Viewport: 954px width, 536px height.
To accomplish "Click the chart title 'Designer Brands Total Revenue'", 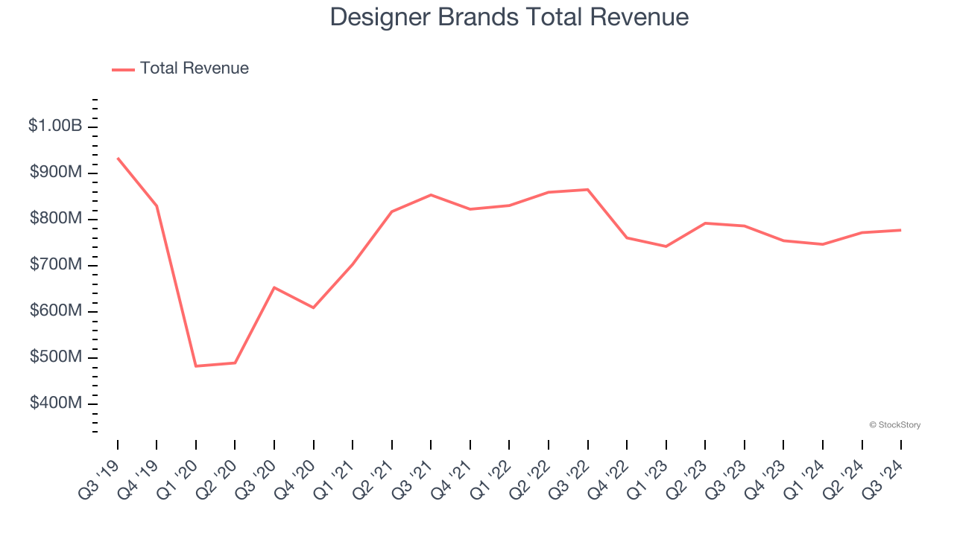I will coord(509,16).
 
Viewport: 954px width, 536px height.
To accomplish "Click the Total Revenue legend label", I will coord(194,68).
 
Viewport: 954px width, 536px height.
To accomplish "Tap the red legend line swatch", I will coord(123,69).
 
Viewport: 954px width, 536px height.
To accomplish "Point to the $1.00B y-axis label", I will coord(55,126).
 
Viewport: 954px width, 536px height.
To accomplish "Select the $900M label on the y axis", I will coord(56,172).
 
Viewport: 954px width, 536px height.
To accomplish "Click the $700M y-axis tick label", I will coord(56,264).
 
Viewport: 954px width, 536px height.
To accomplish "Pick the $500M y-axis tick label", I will coord(56,357).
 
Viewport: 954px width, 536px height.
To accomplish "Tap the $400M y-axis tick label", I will coord(56,403).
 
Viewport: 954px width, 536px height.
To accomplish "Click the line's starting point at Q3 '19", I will coord(118,159).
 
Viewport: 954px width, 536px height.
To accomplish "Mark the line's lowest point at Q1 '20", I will coord(196,366).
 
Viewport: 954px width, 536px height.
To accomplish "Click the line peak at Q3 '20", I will coord(274,287).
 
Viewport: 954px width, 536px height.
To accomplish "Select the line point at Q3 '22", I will coord(588,190).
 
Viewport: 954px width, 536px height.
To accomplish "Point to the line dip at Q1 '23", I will coord(666,246).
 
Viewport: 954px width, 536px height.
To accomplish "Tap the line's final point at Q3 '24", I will coord(901,230).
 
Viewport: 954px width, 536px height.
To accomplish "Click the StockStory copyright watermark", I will coord(894,425).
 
